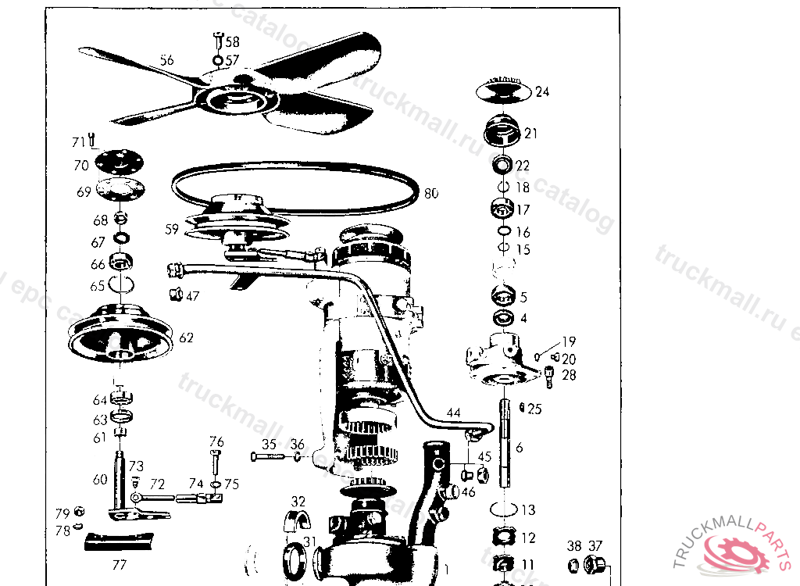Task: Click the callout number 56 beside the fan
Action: [167, 60]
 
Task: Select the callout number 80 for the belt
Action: [431, 193]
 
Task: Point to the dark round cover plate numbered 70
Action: [120, 163]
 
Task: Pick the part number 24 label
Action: [542, 91]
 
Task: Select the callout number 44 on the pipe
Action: [453, 412]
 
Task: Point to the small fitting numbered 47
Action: [175, 295]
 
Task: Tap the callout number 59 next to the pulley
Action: [172, 230]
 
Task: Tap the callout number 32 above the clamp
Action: [298, 501]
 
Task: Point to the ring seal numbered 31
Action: [294, 560]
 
